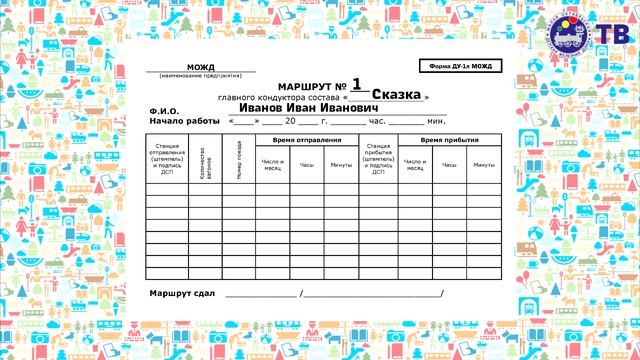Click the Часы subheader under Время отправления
click(307, 164)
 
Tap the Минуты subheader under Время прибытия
click(484, 164)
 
